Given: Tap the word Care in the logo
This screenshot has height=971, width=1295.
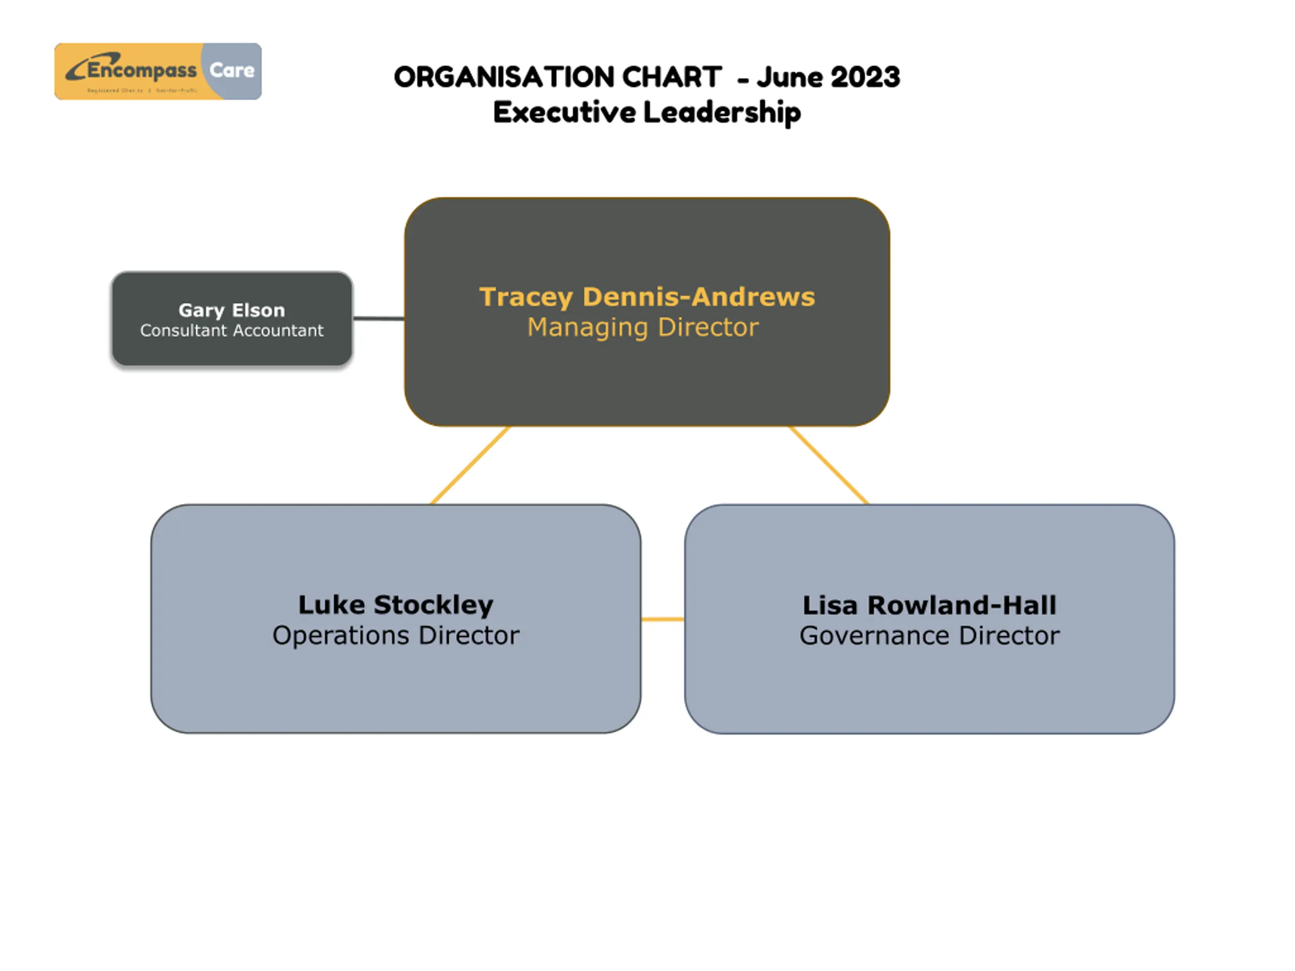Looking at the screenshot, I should tap(232, 70).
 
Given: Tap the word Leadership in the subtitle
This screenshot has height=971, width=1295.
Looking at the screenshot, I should tap(722, 112).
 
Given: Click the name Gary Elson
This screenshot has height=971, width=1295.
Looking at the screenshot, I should tap(232, 310).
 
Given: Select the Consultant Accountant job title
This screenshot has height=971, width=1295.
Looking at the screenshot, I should tap(232, 331).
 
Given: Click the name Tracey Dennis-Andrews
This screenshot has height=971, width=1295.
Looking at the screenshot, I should tap(647, 297).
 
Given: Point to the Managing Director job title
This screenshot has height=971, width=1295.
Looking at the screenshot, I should tap(643, 327).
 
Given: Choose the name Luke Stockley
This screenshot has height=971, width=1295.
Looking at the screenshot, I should tap(396, 605).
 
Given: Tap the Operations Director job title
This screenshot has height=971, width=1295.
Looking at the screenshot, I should tap(396, 636).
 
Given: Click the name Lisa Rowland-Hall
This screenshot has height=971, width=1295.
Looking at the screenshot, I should tap(929, 605).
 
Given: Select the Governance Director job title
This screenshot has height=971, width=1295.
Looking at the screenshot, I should tap(929, 636).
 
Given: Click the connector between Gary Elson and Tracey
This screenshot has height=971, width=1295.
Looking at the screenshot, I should tap(379, 319).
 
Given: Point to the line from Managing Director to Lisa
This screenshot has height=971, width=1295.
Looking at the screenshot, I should tap(829, 465).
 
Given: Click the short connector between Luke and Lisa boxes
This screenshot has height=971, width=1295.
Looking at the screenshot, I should tap(662, 619).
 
